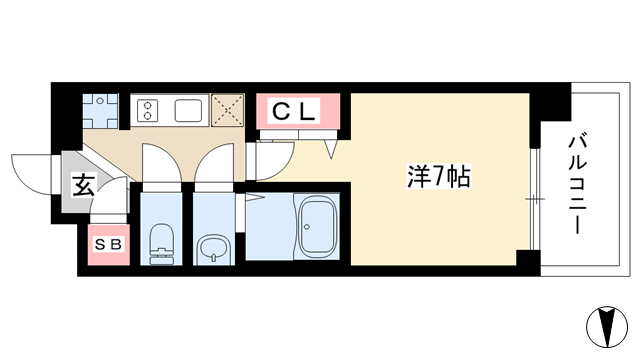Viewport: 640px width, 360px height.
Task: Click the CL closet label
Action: pos(294,111)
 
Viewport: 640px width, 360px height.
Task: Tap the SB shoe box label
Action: pos(109,244)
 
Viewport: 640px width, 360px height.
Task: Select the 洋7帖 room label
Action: pos(439,176)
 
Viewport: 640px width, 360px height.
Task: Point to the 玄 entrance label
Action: pos(84,185)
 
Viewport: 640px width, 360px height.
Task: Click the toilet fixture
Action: pos(162,244)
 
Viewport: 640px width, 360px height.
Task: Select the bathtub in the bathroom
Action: pos(318,226)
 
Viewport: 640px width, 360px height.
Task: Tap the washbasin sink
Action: pos(213,250)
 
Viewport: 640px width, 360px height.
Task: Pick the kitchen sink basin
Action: pos(189,110)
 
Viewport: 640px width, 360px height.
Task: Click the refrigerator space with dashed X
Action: pos(227,110)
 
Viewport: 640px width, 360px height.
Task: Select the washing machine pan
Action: pos(100,111)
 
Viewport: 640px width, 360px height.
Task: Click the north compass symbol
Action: pos(607,327)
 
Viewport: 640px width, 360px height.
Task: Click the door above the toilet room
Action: pos(162,162)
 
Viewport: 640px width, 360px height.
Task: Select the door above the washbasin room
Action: pos(214,162)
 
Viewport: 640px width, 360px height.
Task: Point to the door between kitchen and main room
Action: pos(270,161)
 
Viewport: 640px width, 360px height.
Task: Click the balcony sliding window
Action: pos(535,199)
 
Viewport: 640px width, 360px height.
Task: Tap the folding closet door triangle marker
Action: pos(331,149)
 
